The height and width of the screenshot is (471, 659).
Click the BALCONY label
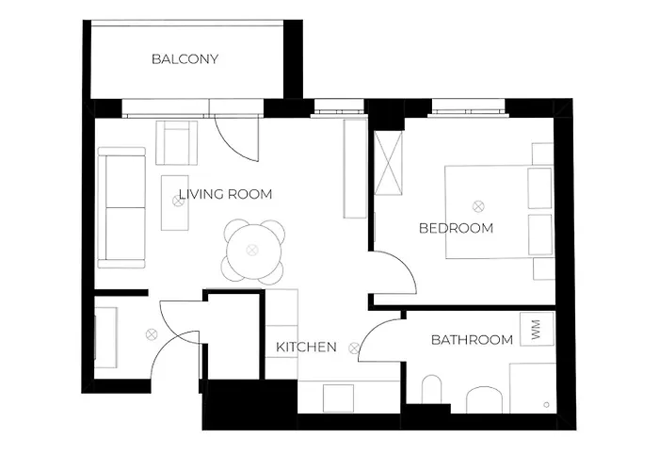click(185, 58)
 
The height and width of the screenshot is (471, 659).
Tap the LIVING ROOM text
click(226, 194)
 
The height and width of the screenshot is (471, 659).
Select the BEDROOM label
click(456, 228)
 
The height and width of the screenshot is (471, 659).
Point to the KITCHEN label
click(306, 347)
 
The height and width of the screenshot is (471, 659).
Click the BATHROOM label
click(472, 339)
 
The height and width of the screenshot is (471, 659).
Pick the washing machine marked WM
click(536, 329)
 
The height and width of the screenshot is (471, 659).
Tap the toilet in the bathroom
click(431, 389)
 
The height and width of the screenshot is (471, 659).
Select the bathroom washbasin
click(484, 399)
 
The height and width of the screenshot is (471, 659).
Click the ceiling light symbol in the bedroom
click(478, 206)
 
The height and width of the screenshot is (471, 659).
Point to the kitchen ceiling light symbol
click(354, 348)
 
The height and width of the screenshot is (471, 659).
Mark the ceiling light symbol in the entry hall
click(151, 334)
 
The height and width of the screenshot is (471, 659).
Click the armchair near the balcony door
click(177, 142)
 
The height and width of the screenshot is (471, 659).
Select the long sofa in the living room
click(121, 207)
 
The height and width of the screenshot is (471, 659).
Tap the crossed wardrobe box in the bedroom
click(388, 163)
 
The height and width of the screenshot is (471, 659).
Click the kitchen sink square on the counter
click(338, 398)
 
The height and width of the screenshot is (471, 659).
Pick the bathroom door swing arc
click(370, 333)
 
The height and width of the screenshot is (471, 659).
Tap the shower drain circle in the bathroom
click(546, 405)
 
